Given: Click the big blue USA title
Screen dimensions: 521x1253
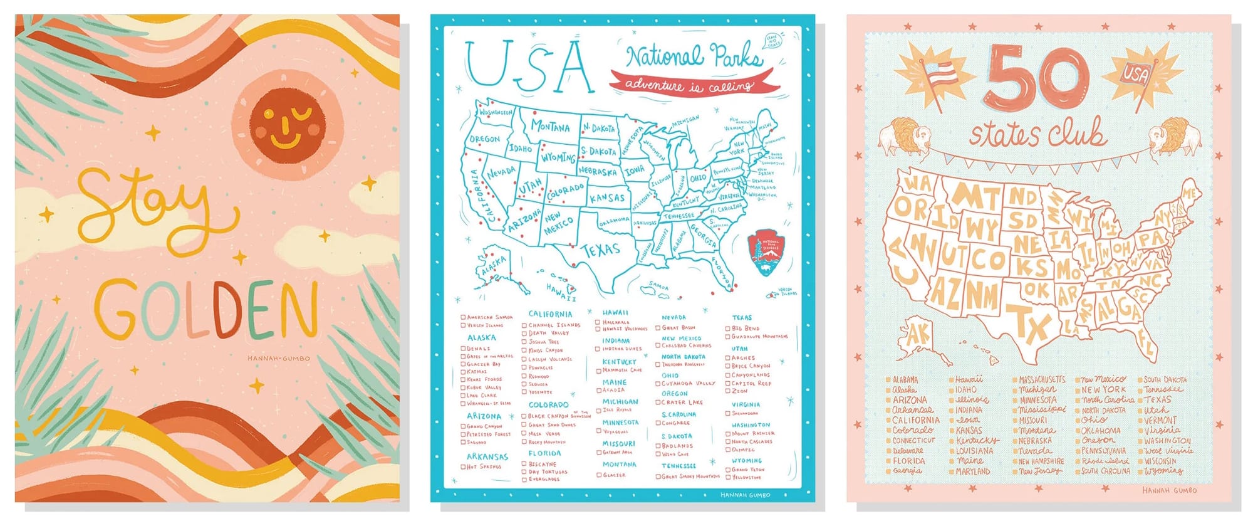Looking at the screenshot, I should click(529, 66).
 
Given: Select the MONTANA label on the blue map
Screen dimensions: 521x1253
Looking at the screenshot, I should click(550, 126).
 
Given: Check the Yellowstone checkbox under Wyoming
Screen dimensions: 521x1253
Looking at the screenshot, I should click(728, 478).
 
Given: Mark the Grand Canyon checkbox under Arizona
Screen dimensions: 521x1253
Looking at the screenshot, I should click(464, 427).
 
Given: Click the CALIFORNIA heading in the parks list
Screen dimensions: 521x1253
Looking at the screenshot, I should click(549, 314).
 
